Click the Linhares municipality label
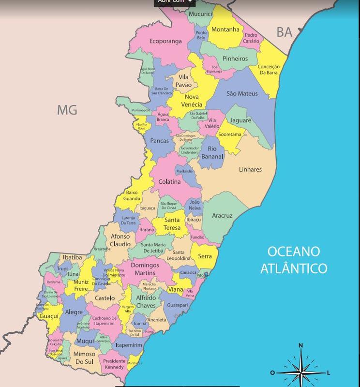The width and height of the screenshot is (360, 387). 250,169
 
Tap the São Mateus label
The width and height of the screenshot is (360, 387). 242,93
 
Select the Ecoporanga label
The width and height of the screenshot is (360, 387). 165,41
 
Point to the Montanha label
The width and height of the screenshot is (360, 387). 225,30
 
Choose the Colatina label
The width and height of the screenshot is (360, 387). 169,182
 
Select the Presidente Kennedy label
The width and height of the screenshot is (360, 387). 114,364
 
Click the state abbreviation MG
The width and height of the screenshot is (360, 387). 67,110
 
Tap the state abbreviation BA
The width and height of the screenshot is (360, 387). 284,32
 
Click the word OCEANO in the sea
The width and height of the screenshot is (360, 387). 294,252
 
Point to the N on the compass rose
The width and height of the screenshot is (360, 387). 300,345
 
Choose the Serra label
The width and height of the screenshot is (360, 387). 205,256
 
